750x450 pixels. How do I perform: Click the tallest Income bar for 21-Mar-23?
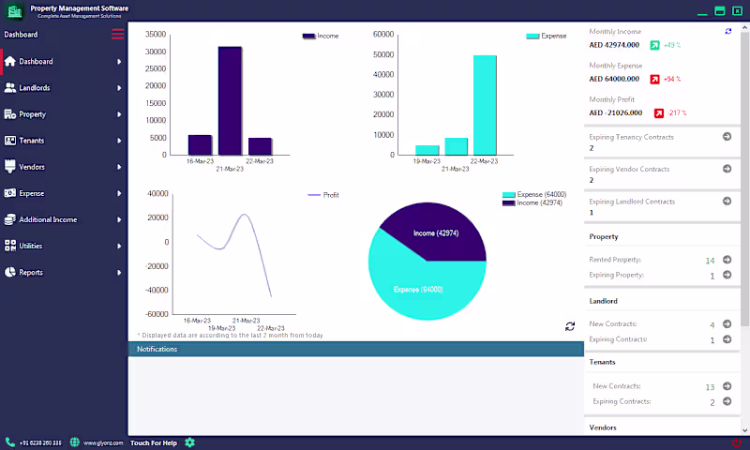click(230, 100)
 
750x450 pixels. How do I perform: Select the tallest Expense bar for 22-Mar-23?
click(485, 104)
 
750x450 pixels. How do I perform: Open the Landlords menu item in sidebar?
click(35, 88)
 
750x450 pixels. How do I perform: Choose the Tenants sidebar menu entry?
click(32, 141)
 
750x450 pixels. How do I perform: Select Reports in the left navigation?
click(31, 272)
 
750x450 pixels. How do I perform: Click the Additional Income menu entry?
click(48, 219)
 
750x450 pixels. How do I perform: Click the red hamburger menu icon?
click(117, 35)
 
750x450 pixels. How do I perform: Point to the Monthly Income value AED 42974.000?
click(614, 45)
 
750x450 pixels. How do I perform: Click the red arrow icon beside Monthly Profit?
click(659, 112)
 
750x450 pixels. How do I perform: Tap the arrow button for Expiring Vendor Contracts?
click(727, 169)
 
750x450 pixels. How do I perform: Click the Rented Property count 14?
click(710, 260)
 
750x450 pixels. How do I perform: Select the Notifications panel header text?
click(157, 349)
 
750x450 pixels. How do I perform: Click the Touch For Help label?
click(153, 442)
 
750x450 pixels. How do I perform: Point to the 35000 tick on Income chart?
click(157, 35)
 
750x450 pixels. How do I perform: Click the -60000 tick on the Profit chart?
click(156, 314)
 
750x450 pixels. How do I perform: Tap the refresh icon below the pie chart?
click(569, 326)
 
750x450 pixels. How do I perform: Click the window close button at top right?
click(737, 10)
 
